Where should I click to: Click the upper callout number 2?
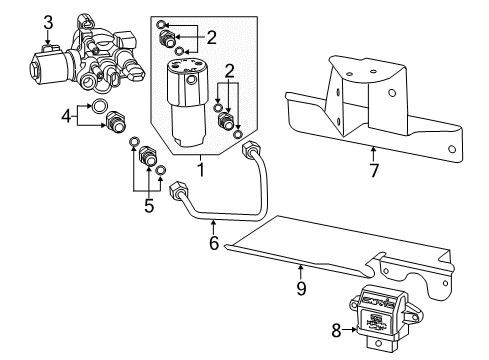[210, 38]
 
